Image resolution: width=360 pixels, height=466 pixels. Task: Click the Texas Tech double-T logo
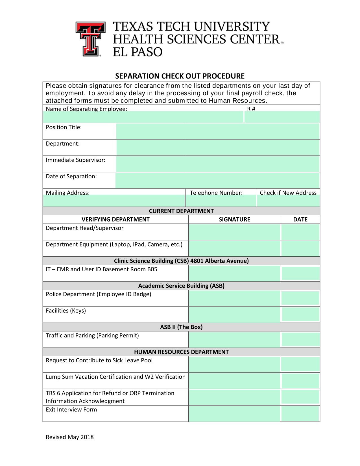tap(90, 39)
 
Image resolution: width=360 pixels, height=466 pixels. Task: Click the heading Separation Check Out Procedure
tap(180, 76)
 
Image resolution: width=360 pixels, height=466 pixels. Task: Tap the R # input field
tap(282, 117)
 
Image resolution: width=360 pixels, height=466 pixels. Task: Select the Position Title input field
tap(218, 131)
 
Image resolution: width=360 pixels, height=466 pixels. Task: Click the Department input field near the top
tap(218, 148)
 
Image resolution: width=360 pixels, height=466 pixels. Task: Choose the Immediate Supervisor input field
tap(218, 164)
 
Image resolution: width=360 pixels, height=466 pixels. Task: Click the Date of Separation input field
tap(218, 180)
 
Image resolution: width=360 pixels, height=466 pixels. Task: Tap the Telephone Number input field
tap(221, 201)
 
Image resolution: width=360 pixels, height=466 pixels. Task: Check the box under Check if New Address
tap(288, 201)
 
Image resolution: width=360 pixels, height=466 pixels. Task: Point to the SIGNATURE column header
tap(234, 220)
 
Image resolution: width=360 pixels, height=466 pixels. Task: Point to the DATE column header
tap(300, 220)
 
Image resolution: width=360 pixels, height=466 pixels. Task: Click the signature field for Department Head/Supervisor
tap(234, 232)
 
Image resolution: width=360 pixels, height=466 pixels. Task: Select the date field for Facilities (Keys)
tap(300, 315)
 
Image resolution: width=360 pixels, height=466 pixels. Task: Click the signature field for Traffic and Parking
tap(234, 339)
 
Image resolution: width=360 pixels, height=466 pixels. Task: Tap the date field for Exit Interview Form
tap(300, 413)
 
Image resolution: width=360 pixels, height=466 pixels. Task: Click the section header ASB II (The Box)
tap(181, 327)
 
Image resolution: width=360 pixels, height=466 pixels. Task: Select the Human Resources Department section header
tap(181, 352)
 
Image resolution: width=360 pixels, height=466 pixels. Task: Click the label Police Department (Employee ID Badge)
tap(99, 294)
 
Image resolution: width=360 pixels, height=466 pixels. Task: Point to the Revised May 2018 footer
tap(70, 437)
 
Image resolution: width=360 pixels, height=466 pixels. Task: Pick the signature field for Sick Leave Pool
tap(234, 364)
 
